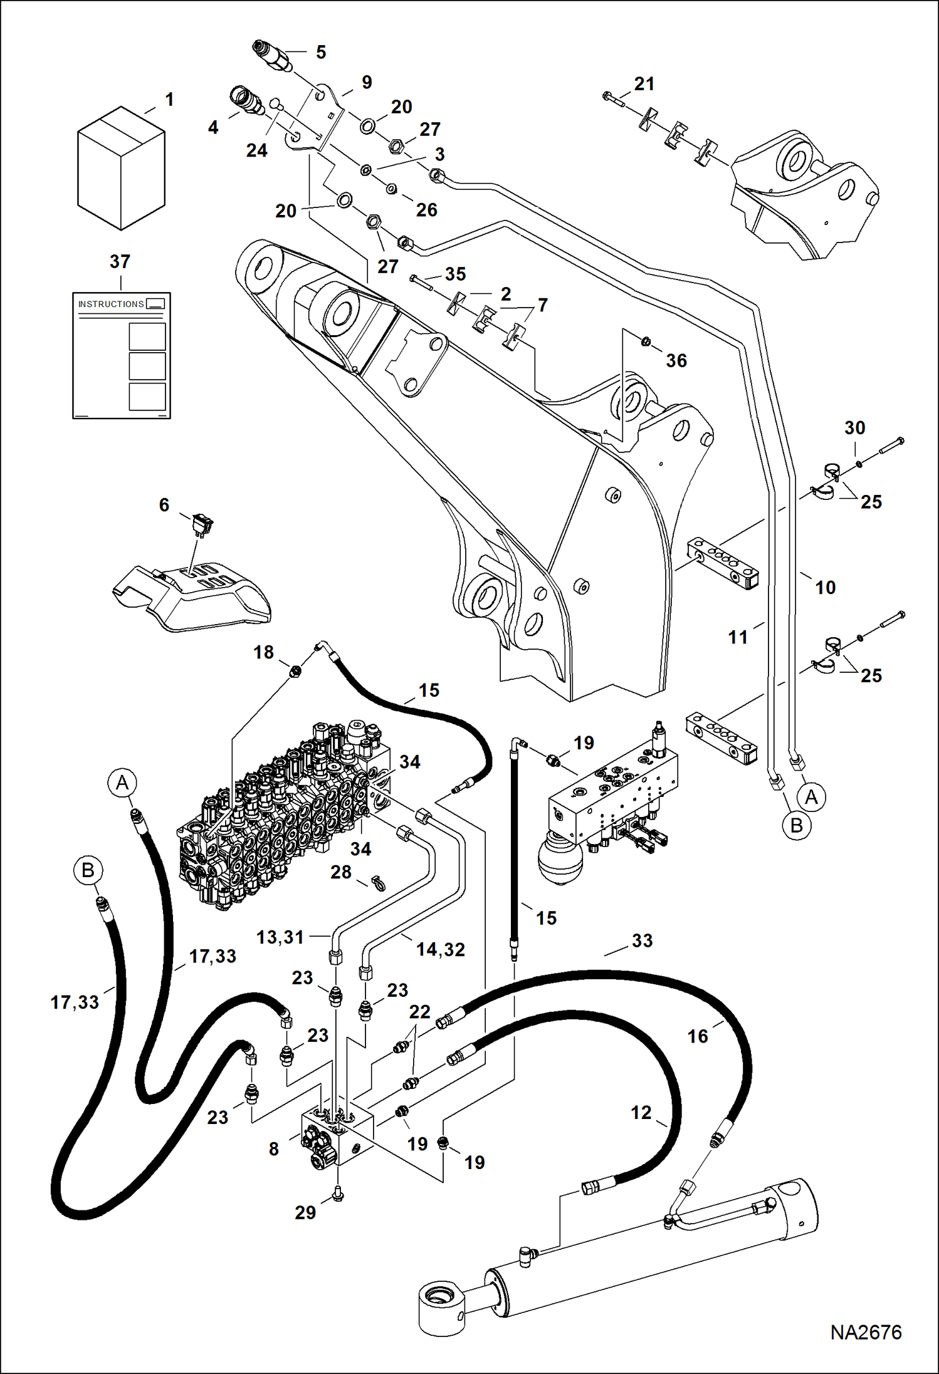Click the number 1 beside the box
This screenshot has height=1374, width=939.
pyautogui.click(x=169, y=99)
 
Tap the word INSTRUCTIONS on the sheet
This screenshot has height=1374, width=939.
pyautogui.click(x=111, y=304)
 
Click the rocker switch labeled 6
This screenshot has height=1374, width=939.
pyautogui.click(x=202, y=523)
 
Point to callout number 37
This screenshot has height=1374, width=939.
pyautogui.click(x=120, y=261)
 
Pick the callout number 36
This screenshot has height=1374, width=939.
pyautogui.click(x=676, y=360)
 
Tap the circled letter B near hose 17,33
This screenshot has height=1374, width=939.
pyautogui.click(x=88, y=870)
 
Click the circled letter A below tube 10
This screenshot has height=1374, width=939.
pyautogui.click(x=811, y=797)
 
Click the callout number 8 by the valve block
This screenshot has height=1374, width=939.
pyautogui.click(x=274, y=1149)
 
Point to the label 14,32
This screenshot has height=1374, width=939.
pyautogui.click(x=441, y=949)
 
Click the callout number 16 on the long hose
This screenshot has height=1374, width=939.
pyautogui.click(x=697, y=1036)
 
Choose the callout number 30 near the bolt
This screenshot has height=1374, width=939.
pyautogui.click(x=854, y=428)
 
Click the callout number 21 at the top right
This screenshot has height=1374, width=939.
pyautogui.click(x=644, y=83)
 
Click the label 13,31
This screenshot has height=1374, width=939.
pyautogui.click(x=280, y=937)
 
